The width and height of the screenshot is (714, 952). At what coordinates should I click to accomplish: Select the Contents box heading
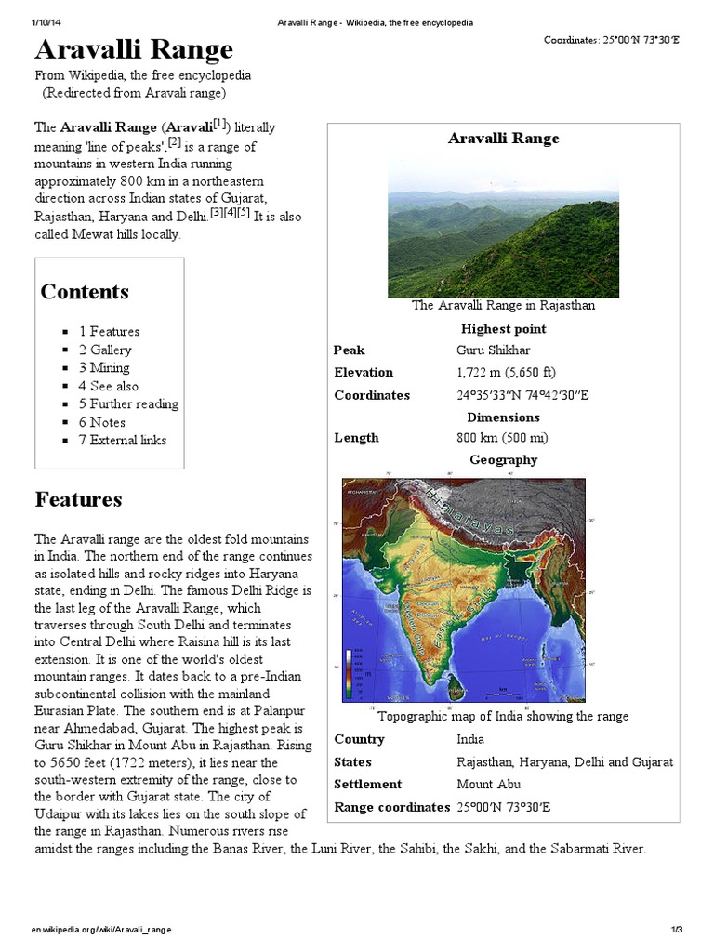[x=85, y=291]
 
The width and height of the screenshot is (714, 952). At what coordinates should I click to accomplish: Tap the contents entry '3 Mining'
[x=104, y=368]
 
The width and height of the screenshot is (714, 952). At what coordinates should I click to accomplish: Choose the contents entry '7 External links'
[x=122, y=440]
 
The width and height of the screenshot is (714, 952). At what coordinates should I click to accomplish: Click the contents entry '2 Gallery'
[x=105, y=350]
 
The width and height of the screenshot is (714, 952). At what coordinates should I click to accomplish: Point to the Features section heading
[x=78, y=499]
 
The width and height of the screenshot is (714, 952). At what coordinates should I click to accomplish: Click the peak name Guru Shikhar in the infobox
[x=494, y=350]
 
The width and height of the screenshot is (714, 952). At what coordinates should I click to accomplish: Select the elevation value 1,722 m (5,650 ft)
[x=506, y=373]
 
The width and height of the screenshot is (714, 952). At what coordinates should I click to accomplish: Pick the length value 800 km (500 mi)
[x=501, y=438]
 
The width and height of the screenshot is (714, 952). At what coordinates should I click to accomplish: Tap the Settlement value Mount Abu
[x=488, y=784]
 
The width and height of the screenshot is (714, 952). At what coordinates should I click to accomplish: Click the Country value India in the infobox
[x=470, y=739]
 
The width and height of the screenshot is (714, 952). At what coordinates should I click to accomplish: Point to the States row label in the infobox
[x=352, y=761]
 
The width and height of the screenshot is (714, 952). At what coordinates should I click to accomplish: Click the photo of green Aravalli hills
[x=503, y=231]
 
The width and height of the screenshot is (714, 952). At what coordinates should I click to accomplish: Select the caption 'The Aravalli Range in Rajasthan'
[x=503, y=305]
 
